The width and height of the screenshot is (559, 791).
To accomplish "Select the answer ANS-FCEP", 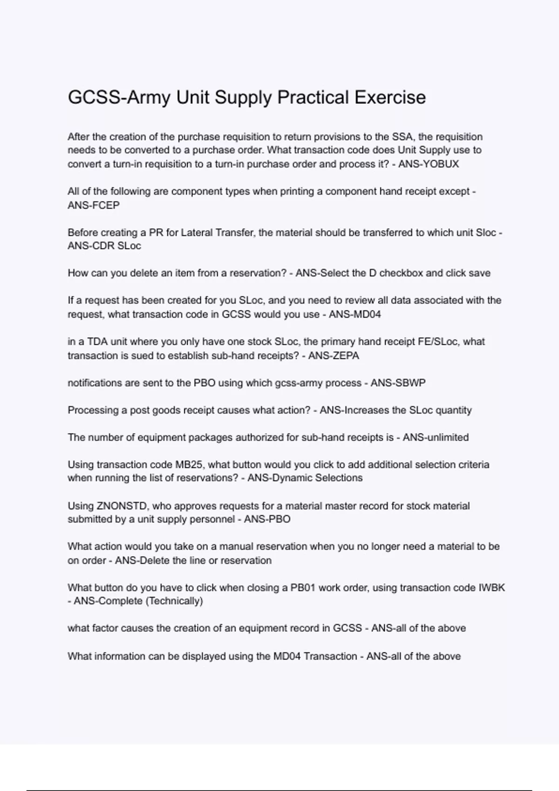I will point(94,205).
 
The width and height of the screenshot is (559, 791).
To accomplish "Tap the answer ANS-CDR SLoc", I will point(104,246).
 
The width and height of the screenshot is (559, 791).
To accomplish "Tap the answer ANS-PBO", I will point(267,519).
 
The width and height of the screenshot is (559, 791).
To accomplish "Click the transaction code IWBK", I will point(492,588).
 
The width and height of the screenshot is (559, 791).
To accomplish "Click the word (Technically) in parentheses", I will point(174,601).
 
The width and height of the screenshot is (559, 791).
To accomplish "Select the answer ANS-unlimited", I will point(436,437).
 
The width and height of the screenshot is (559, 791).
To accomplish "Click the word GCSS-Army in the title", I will point(119,98).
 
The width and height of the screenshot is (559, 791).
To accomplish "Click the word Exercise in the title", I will point(390,98).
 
